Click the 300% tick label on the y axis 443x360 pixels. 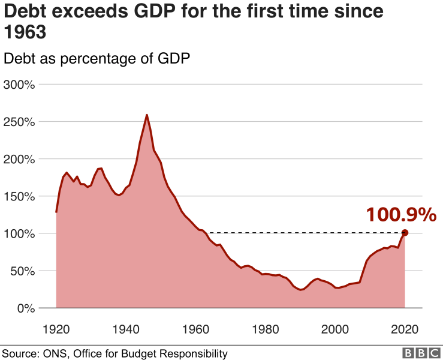(x=20, y=85)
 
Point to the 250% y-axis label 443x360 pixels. (x=20, y=122)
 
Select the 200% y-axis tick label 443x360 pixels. (x=20, y=159)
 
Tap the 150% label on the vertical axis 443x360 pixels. (x=20, y=196)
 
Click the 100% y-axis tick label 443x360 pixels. (x=20, y=233)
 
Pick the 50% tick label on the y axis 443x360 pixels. (x=23, y=271)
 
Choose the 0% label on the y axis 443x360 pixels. (x=27, y=308)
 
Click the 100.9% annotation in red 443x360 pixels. (x=401, y=214)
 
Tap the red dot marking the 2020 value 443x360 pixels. (x=405, y=233)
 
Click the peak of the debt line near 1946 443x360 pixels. (x=147, y=115)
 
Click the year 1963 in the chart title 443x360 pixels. (x=25, y=32)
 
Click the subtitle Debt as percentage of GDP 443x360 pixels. (x=97, y=59)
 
